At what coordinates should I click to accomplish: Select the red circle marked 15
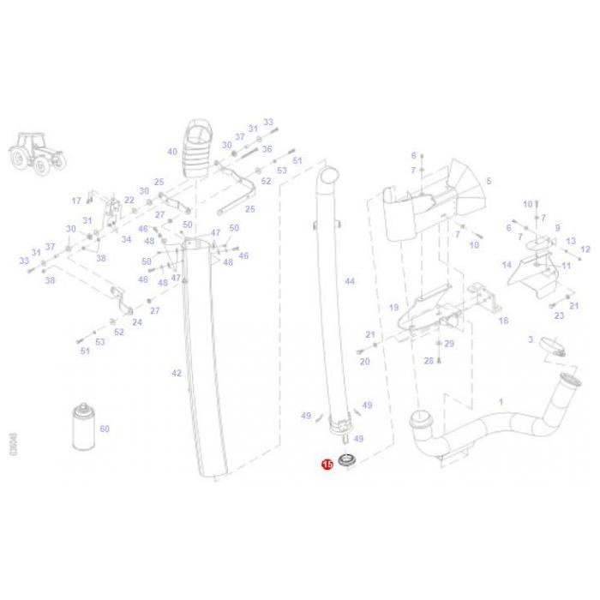coord(326,464)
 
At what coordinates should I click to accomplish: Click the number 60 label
coord(105,429)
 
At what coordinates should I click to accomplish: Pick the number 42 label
coord(177,373)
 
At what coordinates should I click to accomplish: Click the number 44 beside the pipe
coord(349,281)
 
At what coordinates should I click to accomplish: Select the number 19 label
coord(394,307)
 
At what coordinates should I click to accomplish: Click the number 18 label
coord(503,321)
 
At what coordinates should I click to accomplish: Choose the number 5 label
coord(489,182)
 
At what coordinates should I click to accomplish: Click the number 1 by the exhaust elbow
coord(501,401)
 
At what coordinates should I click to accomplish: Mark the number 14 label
coord(507,265)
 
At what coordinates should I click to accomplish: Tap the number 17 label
coord(76,201)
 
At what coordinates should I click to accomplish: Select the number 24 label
coord(137,322)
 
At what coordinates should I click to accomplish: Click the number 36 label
coord(267,149)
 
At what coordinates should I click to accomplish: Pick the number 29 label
coord(449,344)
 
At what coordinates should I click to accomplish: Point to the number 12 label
coord(585,250)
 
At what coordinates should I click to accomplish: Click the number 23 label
coord(559,316)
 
